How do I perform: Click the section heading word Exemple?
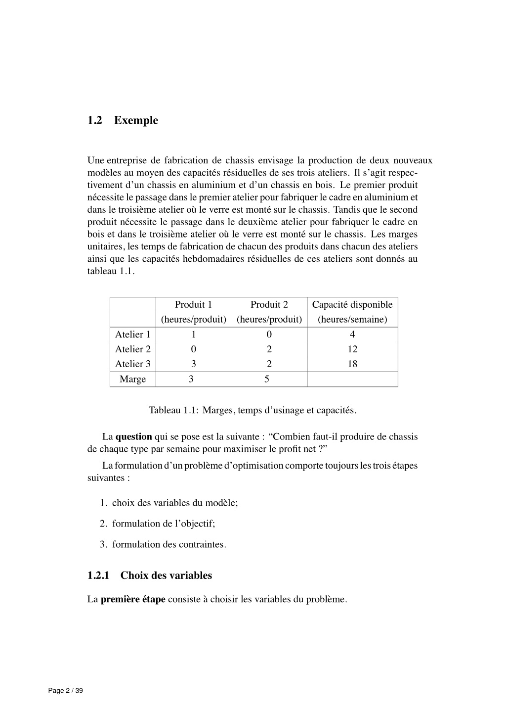136,120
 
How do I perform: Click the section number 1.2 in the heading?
95,120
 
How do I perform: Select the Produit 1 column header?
193,304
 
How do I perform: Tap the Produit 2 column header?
269,304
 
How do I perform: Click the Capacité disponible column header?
352,304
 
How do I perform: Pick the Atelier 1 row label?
132,335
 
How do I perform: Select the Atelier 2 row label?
132,349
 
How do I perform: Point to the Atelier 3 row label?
132,364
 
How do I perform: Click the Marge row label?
132,380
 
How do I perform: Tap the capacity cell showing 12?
352,349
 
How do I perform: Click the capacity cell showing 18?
352,364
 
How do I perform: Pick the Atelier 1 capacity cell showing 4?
352,335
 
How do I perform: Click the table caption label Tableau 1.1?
173,410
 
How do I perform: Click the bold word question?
133,437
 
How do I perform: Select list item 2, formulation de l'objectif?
163,524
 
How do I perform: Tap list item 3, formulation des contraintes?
169,544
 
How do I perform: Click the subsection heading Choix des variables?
166,575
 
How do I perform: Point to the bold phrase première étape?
133,599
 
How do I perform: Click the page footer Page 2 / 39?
66,691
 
